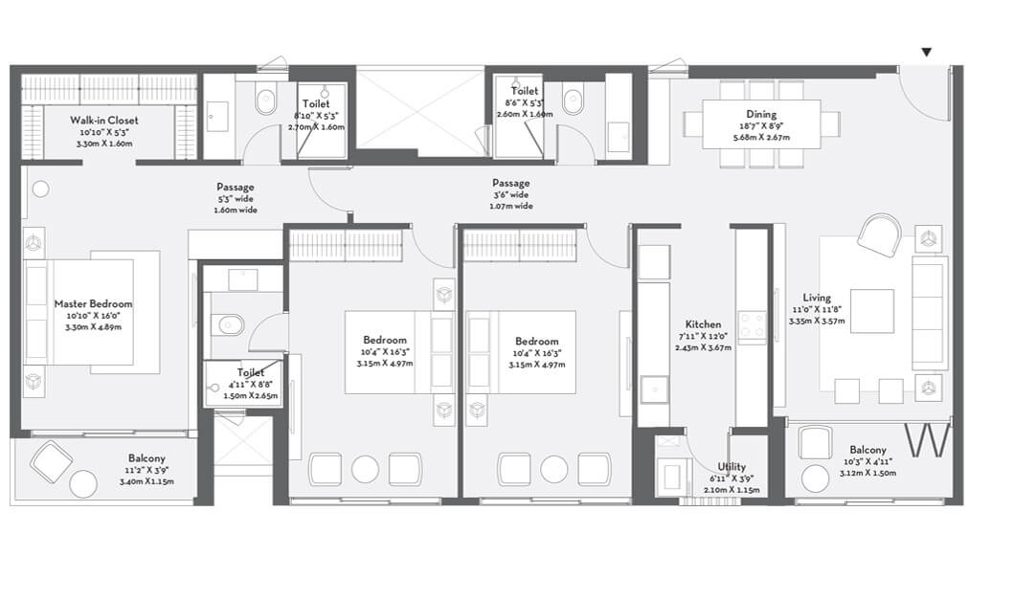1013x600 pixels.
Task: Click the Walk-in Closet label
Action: [103, 120]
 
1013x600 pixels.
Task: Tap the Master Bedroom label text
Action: [93, 303]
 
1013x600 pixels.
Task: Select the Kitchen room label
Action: [703, 324]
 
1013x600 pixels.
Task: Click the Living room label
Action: [817, 298]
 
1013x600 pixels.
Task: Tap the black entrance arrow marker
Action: [926, 53]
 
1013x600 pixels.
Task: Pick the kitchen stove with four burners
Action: [751, 326]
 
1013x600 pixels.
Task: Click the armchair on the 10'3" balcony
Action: [816, 443]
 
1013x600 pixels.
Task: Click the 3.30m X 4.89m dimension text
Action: [93, 326]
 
